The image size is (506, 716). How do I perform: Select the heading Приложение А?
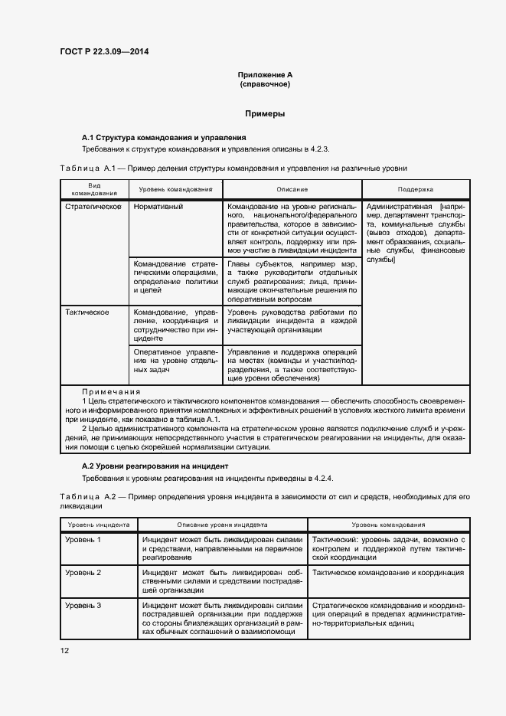point(265,75)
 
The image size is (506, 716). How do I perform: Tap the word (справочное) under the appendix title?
point(265,84)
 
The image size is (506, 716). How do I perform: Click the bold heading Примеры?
point(265,113)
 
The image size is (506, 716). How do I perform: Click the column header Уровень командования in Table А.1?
point(175,188)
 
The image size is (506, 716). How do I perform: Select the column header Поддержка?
point(416,188)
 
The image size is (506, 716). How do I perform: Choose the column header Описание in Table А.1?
point(292,188)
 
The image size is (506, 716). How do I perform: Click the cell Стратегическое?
point(93,207)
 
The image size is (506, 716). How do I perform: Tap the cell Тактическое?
point(87,312)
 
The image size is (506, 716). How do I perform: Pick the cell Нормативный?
point(158,207)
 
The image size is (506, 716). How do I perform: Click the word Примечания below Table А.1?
point(111,391)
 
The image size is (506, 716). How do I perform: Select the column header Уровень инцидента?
point(98,525)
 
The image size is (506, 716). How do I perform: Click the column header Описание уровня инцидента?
point(222,525)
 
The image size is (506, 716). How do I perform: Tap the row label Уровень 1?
point(83,540)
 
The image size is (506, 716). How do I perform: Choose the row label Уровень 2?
point(83,572)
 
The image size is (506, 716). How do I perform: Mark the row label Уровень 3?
point(83,605)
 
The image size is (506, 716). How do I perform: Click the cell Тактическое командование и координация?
point(388,572)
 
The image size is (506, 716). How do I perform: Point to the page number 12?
point(65,650)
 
